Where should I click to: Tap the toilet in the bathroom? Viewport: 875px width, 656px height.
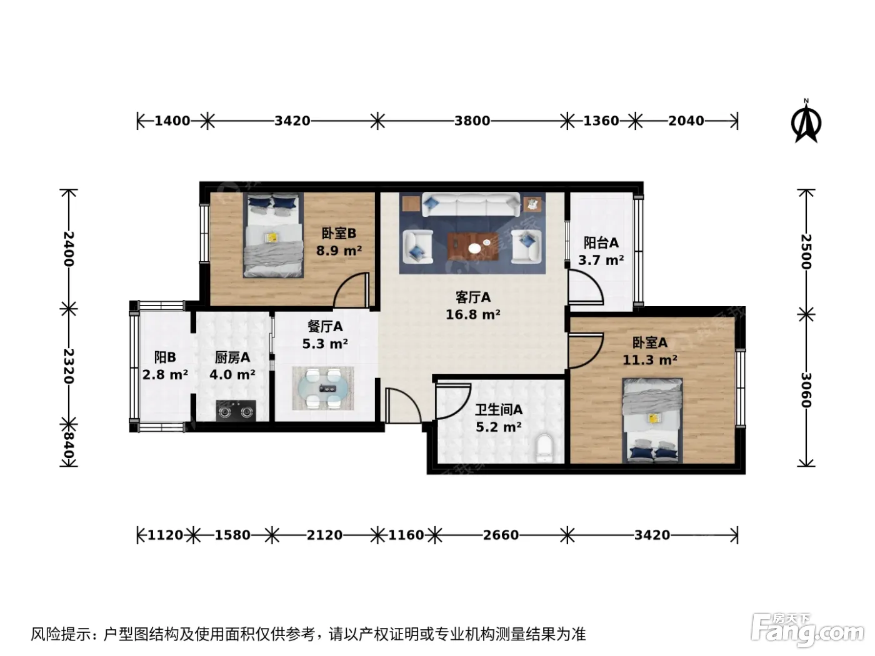(x=544, y=448)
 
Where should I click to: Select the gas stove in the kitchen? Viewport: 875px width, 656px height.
(x=236, y=410)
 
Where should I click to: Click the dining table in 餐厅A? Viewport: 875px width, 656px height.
(x=323, y=389)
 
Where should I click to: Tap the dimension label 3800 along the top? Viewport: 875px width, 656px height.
(x=472, y=121)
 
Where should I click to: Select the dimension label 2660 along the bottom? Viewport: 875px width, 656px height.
(x=501, y=535)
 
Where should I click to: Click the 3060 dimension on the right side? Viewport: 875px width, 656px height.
(x=806, y=390)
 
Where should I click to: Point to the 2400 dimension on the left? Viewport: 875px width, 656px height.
(x=69, y=249)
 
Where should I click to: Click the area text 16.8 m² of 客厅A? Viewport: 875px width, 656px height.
(x=473, y=315)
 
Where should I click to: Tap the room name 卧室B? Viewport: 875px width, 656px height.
(x=339, y=234)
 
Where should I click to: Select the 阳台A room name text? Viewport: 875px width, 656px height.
(x=601, y=242)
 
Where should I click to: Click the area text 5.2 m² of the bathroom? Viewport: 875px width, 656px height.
(x=499, y=427)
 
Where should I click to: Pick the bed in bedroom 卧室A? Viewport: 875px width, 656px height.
(x=652, y=420)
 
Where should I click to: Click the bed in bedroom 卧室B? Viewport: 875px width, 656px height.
(x=274, y=235)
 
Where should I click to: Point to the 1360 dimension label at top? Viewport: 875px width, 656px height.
(x=601, y=121)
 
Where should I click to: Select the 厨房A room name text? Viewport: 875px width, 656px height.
(x=232, y=357)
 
